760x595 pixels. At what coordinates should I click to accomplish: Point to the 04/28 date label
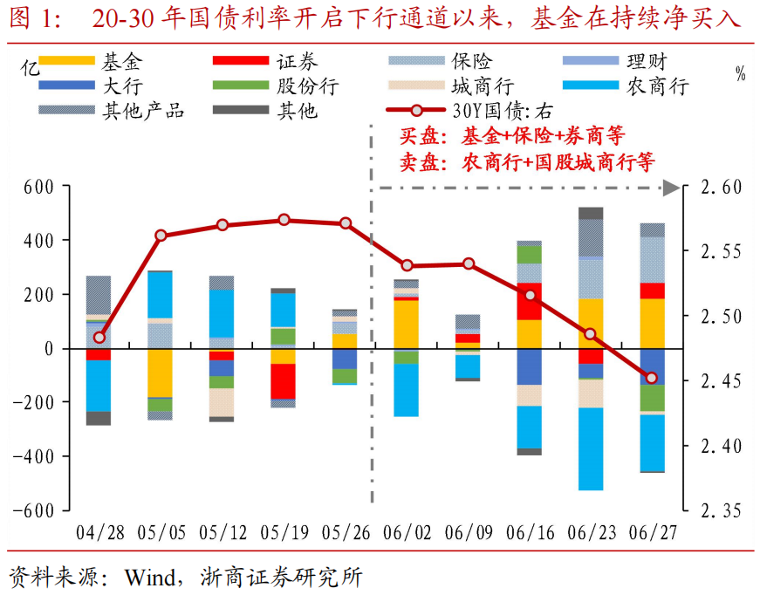(x=99, y=531)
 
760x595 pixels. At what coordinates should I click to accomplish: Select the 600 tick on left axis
(x=38, y=187)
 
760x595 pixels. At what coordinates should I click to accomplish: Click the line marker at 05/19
(x=284, y=220)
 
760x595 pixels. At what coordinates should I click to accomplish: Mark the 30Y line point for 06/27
(x=652, y=378)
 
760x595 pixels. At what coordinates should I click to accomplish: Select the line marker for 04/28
(x=99, y=338)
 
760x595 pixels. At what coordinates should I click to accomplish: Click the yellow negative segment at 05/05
(x=160, y=373)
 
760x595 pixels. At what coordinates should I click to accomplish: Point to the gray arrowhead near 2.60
(x=671, y=188)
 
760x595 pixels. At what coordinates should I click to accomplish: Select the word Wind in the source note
(x=148, y=577)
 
